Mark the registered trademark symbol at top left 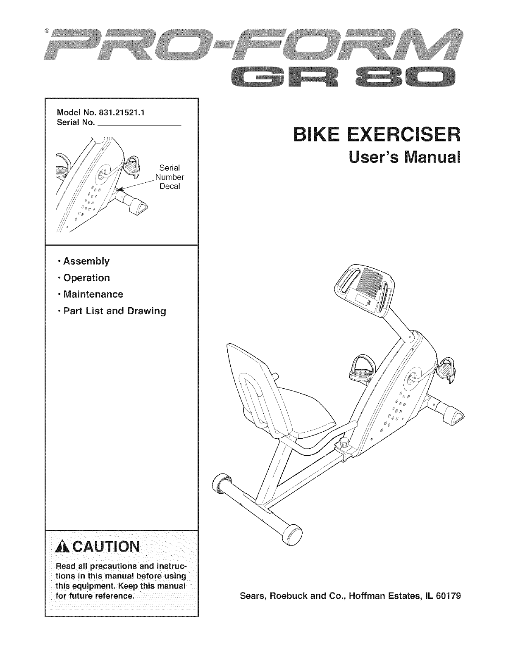[48, 31]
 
